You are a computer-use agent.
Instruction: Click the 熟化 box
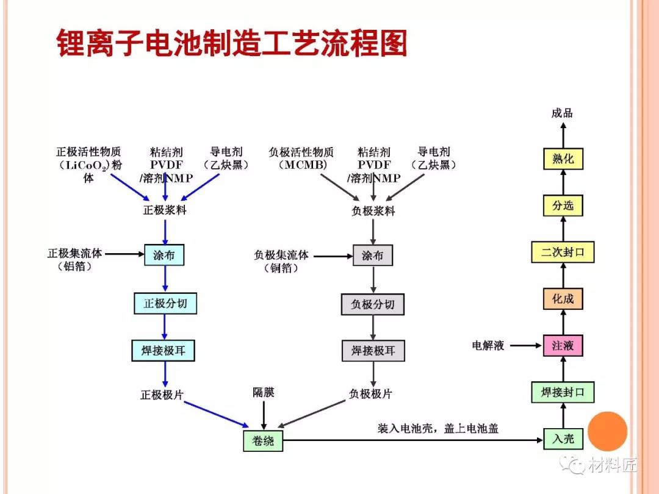[563, 159]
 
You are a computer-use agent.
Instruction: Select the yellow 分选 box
[563, 206]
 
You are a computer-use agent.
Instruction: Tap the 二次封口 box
[563, 252]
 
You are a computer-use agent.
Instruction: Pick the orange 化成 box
[563, 299]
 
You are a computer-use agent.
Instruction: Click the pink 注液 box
[563, 346]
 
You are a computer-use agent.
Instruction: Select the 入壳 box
[563, 439]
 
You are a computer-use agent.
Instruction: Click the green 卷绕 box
[263, 440]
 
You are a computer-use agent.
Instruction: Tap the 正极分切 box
[165, 303]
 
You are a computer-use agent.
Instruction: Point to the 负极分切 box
[373, 304]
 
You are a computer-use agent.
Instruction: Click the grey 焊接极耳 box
[373, 351]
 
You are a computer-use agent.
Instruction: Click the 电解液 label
[488, 346]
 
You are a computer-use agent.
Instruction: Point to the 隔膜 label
[264, 392]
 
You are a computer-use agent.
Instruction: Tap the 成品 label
[562, 113]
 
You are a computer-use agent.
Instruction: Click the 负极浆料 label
[373, 210]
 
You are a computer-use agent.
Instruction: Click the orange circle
[608, 431]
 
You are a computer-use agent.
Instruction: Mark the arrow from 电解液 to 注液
[526, 346]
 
